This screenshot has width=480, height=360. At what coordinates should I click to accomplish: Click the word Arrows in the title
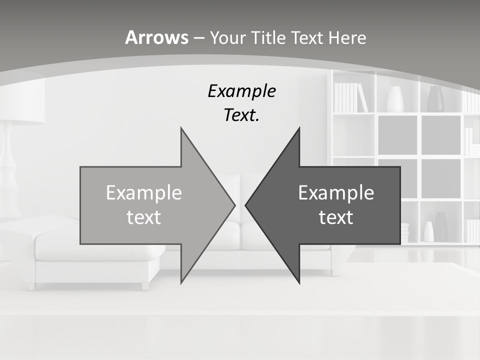[x=157, y=37]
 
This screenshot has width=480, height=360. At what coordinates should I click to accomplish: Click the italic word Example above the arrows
[x=241, y=91]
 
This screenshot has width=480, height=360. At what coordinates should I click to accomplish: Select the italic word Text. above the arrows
[x=241, y=115]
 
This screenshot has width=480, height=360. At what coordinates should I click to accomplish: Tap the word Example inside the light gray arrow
[x=144, y=193]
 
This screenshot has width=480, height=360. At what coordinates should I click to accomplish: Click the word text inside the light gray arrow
[x=144, y=217]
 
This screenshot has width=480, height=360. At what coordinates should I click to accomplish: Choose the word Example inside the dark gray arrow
[x=336, y=193]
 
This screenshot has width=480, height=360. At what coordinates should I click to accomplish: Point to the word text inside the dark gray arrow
[x=336, y=217]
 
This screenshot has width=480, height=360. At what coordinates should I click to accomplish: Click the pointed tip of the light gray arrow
[x=234, y=205]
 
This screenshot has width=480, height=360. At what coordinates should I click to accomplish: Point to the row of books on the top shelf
[x=349, y=97]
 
